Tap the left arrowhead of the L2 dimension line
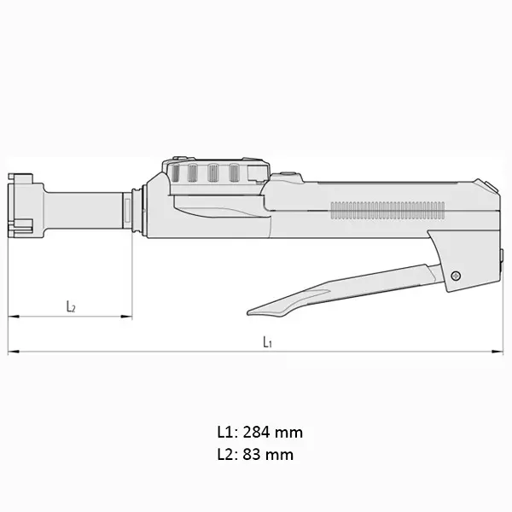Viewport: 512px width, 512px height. pyautogui.click(x=11, y=317)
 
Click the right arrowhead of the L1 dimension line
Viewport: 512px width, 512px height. pyautogui.click(x=500, y=352)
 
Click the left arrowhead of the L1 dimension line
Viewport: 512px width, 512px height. pyautogui.click(x=11, y=352)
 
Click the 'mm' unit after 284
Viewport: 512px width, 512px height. pyautogui.click(x=291, y=433)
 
